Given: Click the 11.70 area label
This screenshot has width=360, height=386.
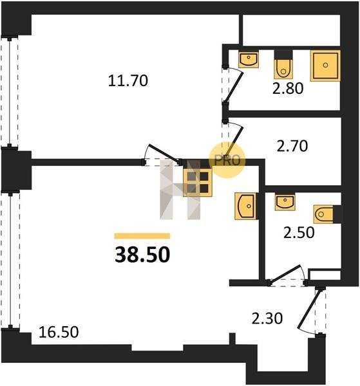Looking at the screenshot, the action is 128,81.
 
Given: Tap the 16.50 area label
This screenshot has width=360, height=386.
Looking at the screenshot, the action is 59,332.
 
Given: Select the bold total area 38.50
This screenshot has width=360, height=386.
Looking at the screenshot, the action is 142,255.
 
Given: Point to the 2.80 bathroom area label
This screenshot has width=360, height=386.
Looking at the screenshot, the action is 288,88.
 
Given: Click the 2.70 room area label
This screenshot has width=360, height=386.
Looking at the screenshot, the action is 292,146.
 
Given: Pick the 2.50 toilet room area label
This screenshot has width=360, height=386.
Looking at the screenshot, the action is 299,232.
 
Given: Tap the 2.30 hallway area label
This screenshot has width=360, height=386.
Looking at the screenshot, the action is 267,318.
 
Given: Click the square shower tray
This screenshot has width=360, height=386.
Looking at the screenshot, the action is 325,65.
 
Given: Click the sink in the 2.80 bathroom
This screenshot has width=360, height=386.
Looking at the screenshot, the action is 249,59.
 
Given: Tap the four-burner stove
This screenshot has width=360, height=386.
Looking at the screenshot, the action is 198,183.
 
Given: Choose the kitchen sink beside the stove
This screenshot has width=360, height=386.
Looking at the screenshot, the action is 245,206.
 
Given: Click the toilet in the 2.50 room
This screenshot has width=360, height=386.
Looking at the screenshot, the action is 327,214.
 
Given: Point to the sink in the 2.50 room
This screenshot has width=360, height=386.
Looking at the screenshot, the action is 285,202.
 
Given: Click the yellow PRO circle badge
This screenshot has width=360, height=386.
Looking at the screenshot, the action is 227,160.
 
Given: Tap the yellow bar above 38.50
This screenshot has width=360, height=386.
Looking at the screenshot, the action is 142,236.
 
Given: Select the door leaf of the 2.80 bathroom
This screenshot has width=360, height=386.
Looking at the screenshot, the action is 234,87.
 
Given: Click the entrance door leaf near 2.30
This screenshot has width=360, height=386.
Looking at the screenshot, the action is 310,309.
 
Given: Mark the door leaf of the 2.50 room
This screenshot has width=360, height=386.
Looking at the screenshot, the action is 284,273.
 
